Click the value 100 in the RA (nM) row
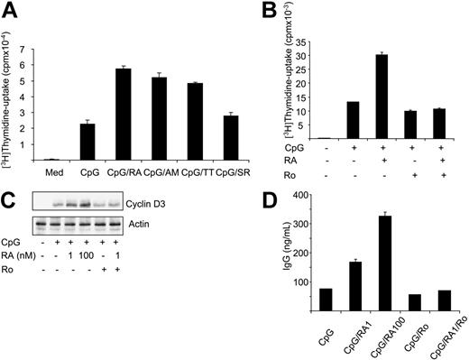(x=87, y=254)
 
